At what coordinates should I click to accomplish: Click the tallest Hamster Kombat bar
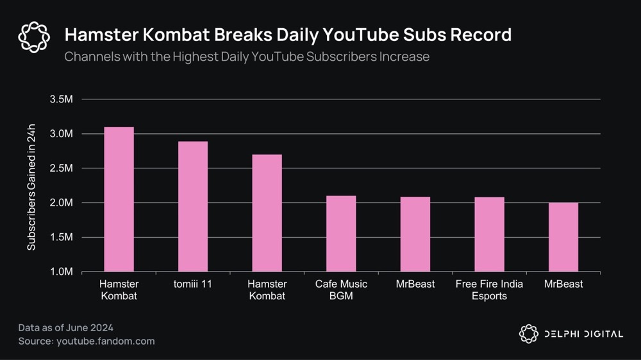pos(119,199)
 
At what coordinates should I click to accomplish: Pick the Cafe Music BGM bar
pos(341,234)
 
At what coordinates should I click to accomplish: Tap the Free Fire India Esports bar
pos(489,234)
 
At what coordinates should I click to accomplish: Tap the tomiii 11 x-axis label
pos(192,284)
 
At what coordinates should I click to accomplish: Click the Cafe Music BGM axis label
pos(341,290)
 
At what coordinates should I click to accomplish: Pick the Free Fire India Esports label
pos(489,290)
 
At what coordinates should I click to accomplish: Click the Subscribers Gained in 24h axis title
pos(31,185)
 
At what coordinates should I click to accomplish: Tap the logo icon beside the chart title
pos(34,37)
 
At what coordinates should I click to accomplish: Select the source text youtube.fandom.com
pos(105,341)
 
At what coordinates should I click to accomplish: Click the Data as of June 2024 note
pos(67,328)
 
